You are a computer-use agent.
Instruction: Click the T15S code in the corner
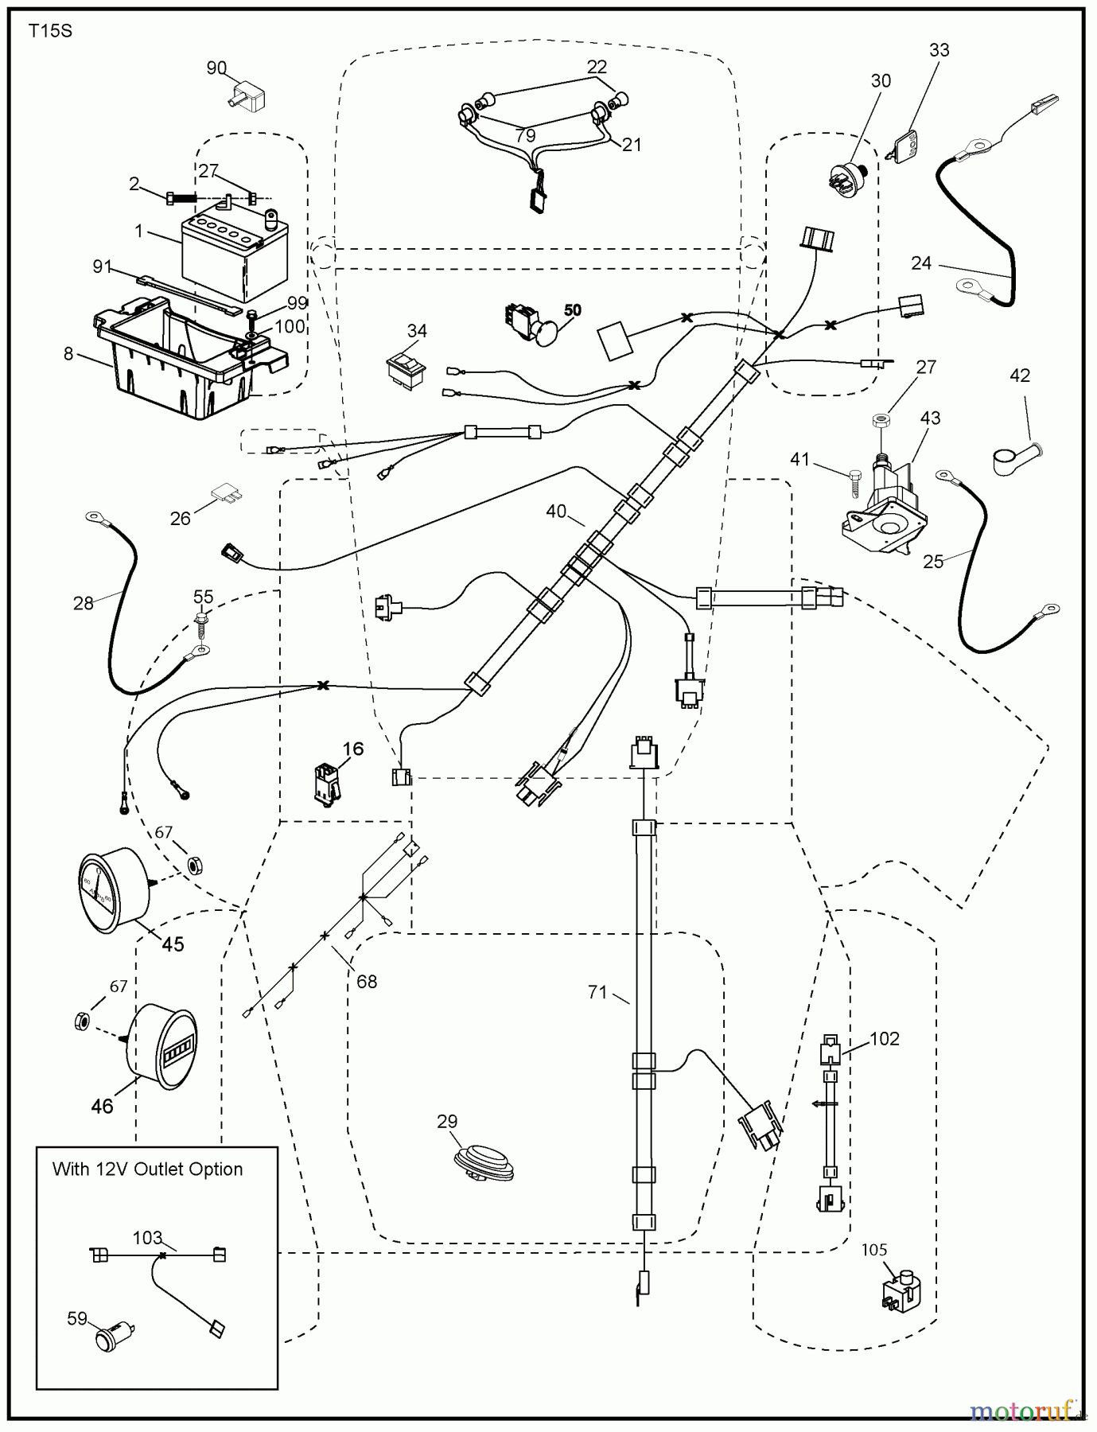(x=50, y=33)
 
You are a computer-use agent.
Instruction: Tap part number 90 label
(x=216, y=68)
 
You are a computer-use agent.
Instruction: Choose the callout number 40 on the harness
(x=556, y=512)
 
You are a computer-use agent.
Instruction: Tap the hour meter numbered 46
(x=162, y=1045)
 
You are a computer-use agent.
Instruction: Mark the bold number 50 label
(x=572, y=310)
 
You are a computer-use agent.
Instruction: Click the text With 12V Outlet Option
(x=147, y=1169)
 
